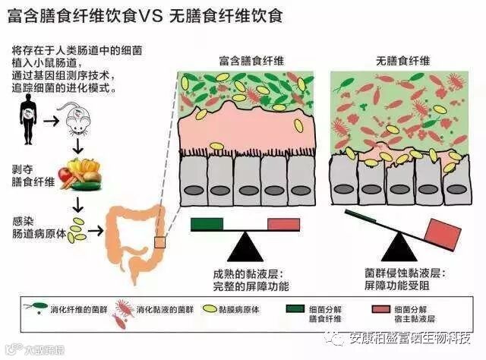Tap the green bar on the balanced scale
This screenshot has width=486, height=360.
point(207,223)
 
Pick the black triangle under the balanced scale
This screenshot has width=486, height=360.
point(245,248)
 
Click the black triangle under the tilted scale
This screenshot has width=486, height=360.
point(396,248)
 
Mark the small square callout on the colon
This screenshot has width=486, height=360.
point(159,242)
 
